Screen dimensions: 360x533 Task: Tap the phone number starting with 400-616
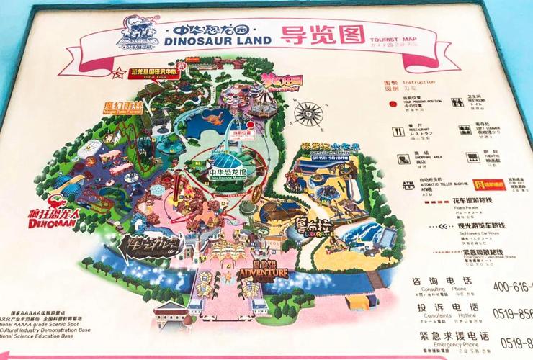(512, 287)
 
